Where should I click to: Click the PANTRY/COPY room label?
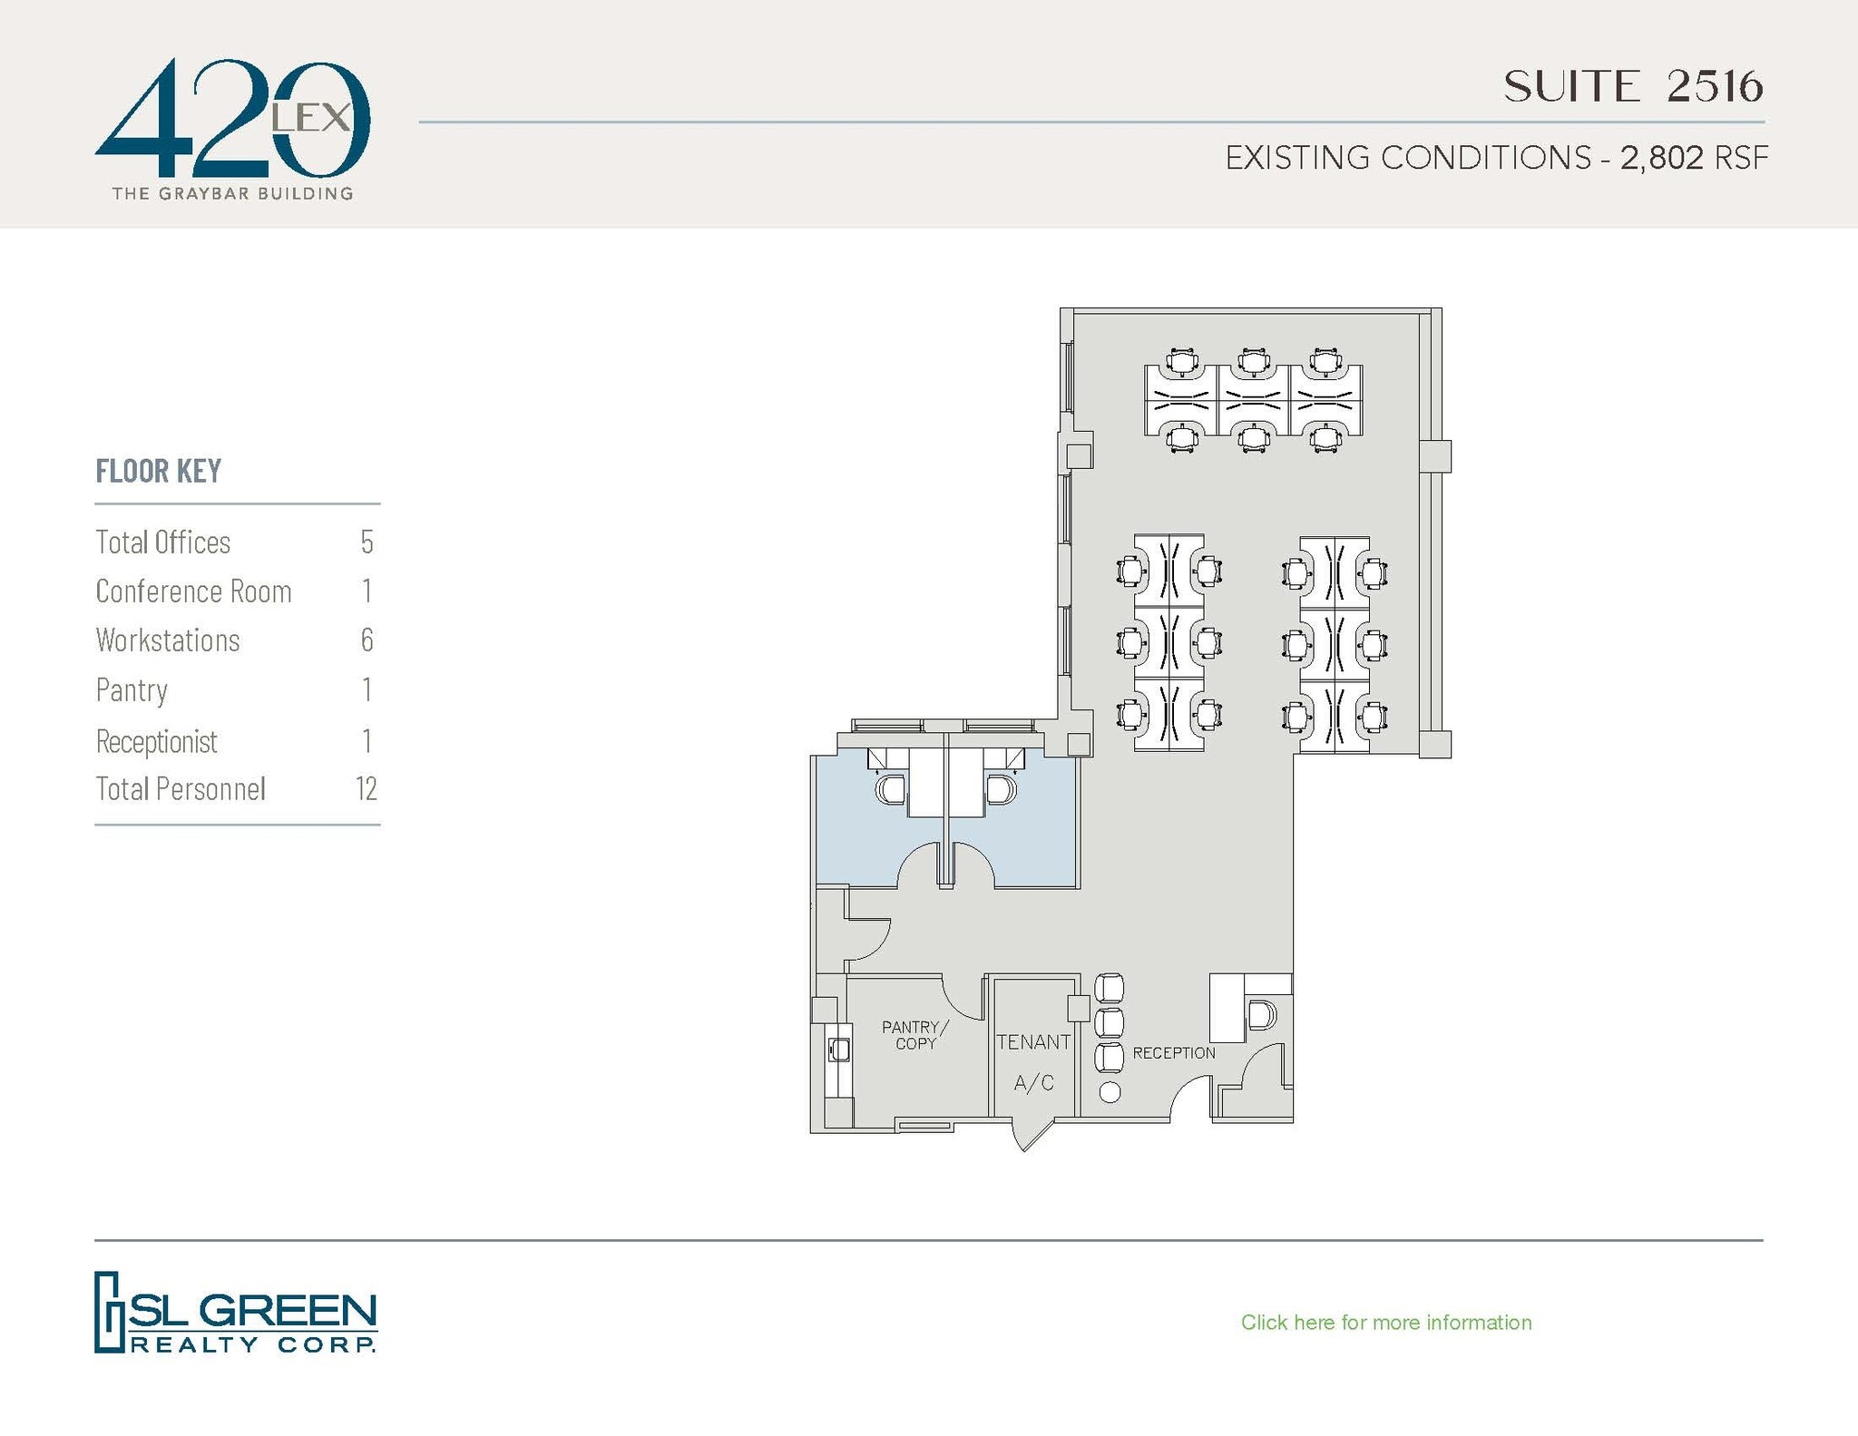[x=914, y=1035]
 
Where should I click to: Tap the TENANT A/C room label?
[x=1033, y=1061]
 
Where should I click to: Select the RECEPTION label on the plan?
[x=1173, y=1053]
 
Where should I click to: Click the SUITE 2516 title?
[x=1633, y=87]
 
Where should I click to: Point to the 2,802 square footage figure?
[x=1661, y=158]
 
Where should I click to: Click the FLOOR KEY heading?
[x=159, y=471]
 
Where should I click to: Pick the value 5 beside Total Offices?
[x=367, y=542]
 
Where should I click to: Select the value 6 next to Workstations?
[x=367, y=640]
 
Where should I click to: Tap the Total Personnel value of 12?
[x=366, y=789]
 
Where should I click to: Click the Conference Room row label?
[x=193, y=591]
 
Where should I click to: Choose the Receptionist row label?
[x=157, y=741]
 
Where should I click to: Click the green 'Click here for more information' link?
[x=1385, y=1323]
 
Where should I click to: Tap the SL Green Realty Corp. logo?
[x=236, y=1312]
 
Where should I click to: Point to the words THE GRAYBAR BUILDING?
[x=232, y=193]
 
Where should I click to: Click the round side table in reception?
[x=1109, y=1092]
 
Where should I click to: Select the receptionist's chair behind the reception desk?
[x=1261, y=1015]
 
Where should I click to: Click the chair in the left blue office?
[x=890, y=788]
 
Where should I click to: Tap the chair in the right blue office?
[x=1001, y=788]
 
